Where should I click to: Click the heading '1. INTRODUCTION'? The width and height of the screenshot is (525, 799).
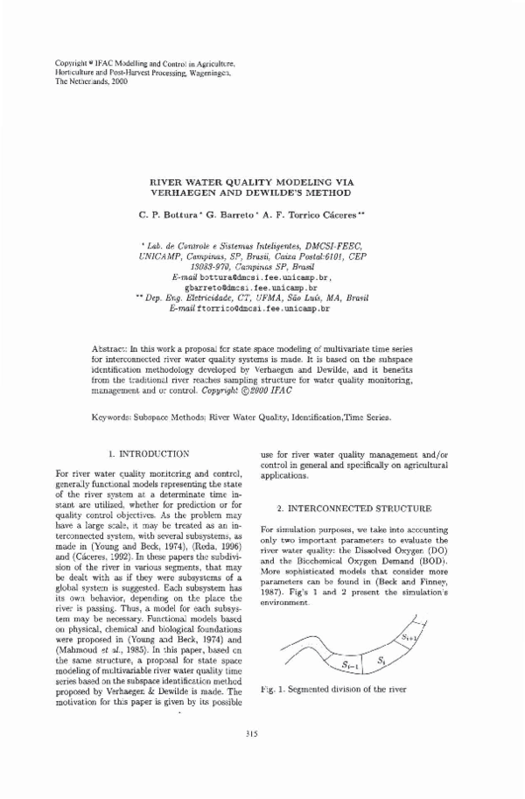pos(148,454)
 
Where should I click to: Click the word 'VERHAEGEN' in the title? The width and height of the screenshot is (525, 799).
pos(191,192)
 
